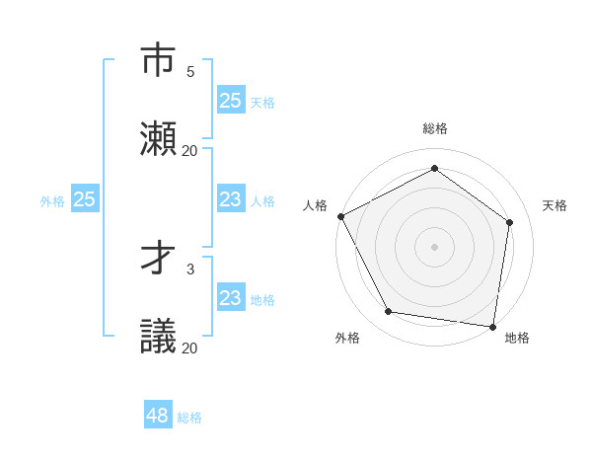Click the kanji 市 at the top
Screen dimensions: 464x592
click(x=159, y=61)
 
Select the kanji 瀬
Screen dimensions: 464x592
click(x=159, y=139)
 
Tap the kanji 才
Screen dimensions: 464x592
click(x=159, y=260)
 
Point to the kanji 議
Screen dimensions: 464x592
click(x=159, y=338)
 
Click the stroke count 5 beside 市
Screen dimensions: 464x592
click(x=190, y=72)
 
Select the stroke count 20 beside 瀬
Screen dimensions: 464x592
click(x=190, y=151)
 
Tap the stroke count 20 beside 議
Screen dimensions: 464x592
click(x=190, y=348)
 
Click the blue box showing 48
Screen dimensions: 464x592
click(x=158, y=416)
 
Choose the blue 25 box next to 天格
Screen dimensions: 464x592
click(x=230, y=100)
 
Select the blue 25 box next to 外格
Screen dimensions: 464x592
click(x=84, y=199)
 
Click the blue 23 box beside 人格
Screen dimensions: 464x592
click(x=230, y=199)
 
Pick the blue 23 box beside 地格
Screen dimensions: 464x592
click(x=230, y=298)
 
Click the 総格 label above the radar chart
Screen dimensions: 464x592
click(x=435, y=128)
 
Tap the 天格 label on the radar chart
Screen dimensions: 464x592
click(x=555, y=205)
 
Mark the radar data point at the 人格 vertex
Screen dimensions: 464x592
click(x=340, y=216)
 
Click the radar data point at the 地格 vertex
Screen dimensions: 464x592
click(x=493, y=326)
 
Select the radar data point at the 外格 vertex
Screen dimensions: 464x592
click(x=389, y=312)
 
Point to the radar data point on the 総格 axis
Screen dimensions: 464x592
click(x=434, y=169)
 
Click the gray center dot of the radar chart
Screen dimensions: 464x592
click(x=434, y=246)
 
